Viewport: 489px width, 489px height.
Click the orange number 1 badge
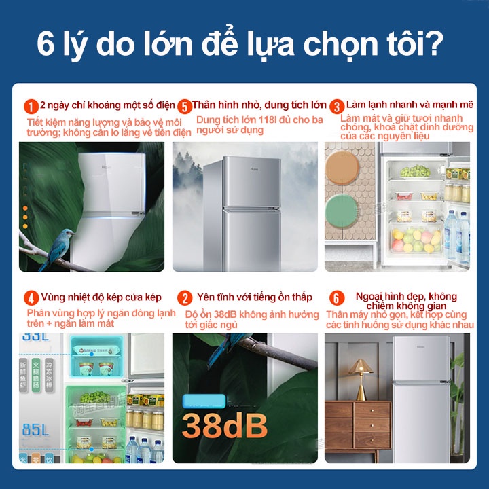point(31,107)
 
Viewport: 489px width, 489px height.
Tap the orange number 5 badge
point(184,107)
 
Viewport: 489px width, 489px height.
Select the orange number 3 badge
point(337,107)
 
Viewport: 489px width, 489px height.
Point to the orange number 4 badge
point(31,298)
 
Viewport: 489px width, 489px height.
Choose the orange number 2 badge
point(184,298)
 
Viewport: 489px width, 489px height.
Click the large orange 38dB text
point(224,426)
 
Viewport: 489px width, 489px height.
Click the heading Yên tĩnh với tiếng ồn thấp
point(254,297)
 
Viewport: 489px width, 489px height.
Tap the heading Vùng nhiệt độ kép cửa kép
point(101,297)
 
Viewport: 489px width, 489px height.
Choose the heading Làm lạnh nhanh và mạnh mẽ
point(410,105)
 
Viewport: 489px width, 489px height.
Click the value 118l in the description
point(258,120)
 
